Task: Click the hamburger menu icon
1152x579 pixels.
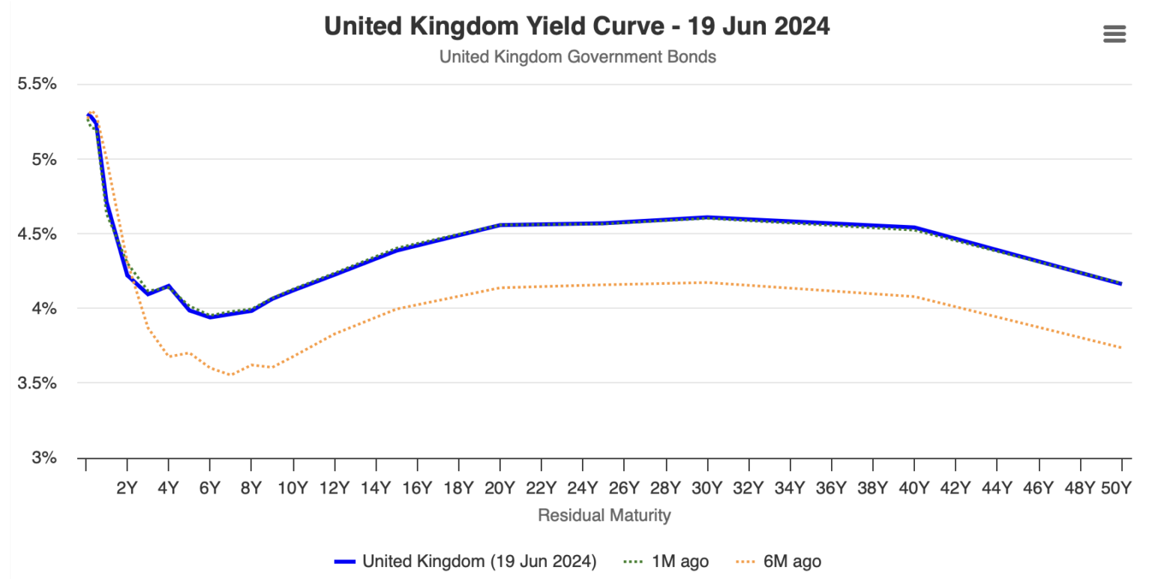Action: pos(1114,34)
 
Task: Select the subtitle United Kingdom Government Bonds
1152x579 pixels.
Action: pos(577,57)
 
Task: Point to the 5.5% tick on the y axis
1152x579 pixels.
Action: pos(37,84)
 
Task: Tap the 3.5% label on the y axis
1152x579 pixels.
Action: pos(37,383)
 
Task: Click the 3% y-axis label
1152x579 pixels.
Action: pos(43,457)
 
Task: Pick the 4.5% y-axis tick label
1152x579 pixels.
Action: pos(37,234)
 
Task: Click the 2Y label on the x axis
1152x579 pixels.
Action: pos(127,488)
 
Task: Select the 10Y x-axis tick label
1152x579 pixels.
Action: pos(292,488)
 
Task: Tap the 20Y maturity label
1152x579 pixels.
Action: pos(499,488)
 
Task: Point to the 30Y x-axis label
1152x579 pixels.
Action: pos(706,488)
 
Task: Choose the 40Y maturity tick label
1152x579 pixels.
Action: pos(913,488)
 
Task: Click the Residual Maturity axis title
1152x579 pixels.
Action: pos(604,515)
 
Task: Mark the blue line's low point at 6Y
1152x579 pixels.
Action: pos(210,317)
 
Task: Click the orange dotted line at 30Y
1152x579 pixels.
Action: pos(706,283)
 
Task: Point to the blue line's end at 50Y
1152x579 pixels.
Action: pos(1120,283)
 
